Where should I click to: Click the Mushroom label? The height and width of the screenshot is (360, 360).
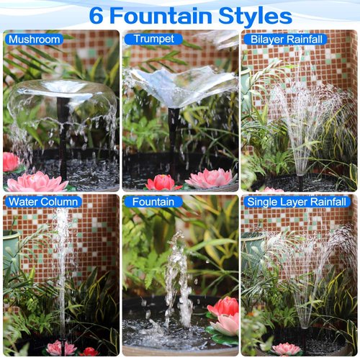(34, 40)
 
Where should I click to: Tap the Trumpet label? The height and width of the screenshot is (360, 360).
(153, 40)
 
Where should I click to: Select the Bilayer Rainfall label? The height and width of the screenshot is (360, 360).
(286, 40)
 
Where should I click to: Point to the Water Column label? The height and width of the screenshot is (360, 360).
(42, 202)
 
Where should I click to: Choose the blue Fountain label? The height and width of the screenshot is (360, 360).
(153, 202)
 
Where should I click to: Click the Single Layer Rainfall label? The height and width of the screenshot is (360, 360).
(297, 202)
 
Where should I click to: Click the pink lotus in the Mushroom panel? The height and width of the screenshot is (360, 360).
(37, 182)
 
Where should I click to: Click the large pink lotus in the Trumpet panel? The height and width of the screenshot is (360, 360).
(210, 179)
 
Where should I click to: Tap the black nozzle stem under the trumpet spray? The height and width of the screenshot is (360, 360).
(173, 140)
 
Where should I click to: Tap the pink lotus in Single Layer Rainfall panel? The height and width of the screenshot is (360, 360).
(287, 349)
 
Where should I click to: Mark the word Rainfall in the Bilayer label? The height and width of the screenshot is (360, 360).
(304, 40)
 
